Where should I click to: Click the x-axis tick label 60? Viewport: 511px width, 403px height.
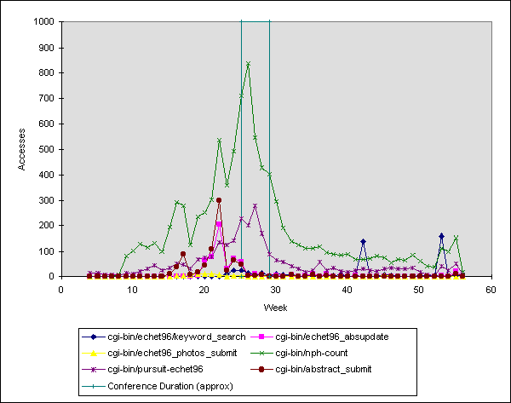point(491,289)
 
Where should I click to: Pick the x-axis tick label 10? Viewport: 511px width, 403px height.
point(133,289)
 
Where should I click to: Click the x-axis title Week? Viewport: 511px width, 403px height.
point(275,305)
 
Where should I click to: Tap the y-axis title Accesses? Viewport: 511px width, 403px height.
point(23,149)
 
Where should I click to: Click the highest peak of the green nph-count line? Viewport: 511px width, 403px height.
point(248,63)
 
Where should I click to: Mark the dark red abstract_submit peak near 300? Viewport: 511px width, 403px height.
point(219,200)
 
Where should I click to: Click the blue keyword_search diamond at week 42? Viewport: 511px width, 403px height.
point(363,242)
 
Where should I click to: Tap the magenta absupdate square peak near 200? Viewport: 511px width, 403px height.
point(219,224)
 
